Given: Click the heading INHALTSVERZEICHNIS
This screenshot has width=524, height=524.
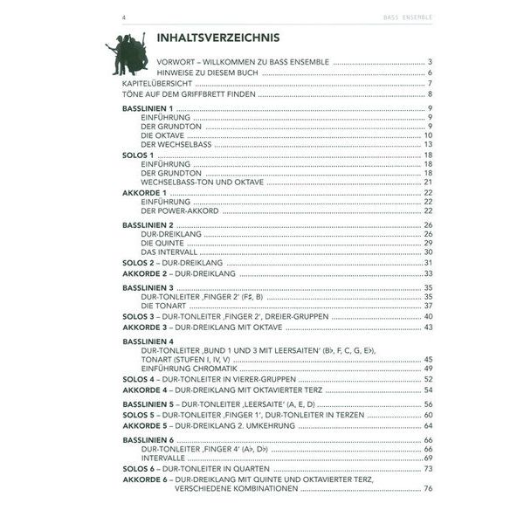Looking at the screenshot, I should pos(217,38).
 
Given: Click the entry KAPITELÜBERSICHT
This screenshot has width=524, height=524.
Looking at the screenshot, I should pos(155,83).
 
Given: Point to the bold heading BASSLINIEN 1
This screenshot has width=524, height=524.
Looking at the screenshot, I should pos(148,106).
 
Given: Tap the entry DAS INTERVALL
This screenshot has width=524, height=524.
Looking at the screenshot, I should pos(166,252).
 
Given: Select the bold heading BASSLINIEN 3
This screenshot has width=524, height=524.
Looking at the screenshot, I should pos(148,287).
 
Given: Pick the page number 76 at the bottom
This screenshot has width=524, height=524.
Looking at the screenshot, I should pos(428,488).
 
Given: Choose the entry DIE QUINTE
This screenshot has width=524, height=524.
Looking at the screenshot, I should pos(160,243).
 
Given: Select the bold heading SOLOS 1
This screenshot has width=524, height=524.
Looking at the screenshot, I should pos(138,154).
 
